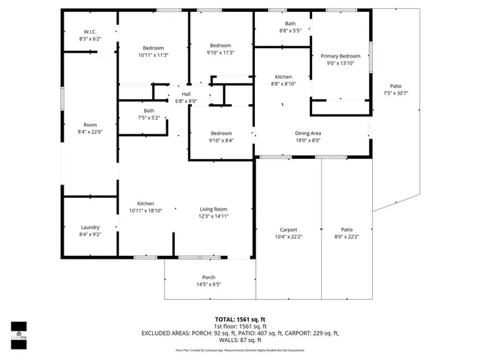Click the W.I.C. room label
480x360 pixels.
click(x=90, y=31)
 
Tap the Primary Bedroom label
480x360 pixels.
click(x=340, y=56)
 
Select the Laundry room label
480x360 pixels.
click(x=90, y=227)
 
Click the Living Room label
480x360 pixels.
click(x=213, y=209)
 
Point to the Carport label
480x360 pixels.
click(x=288, y=229)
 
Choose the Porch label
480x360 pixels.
click(x=208, y=277)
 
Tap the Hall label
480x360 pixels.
click(x=186, y=94)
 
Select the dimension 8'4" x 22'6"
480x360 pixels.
click(x=90, y=132)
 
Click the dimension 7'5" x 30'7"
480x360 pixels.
click(x=395, y=93)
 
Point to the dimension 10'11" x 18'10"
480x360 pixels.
click(x=145, y=210)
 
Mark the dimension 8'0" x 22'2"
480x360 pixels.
click(x=346, y=236)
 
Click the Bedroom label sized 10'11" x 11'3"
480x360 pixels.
click(x=153, y=54)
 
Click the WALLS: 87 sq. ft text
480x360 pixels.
click(x=240, y=340)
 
